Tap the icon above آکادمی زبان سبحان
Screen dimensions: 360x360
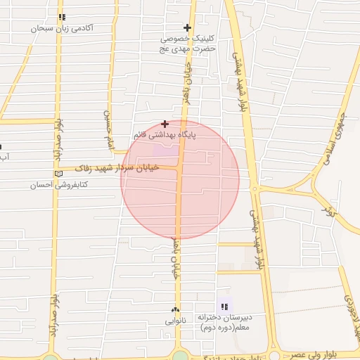pos(63,17)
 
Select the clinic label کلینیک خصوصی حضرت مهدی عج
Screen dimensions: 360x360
pos(186,44)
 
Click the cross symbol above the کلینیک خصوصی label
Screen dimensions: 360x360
pos(187,27)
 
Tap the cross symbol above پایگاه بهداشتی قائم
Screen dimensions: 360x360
pos(165,124)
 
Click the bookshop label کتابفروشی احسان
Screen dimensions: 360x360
pos(58,185)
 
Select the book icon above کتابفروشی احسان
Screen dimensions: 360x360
pos(58,174)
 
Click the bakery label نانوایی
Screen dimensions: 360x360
pos(175,321)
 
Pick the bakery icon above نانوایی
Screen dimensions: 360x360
pos(175,310)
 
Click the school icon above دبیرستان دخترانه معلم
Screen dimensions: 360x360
pos(224,306)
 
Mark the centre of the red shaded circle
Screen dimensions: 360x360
pos(180,179)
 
